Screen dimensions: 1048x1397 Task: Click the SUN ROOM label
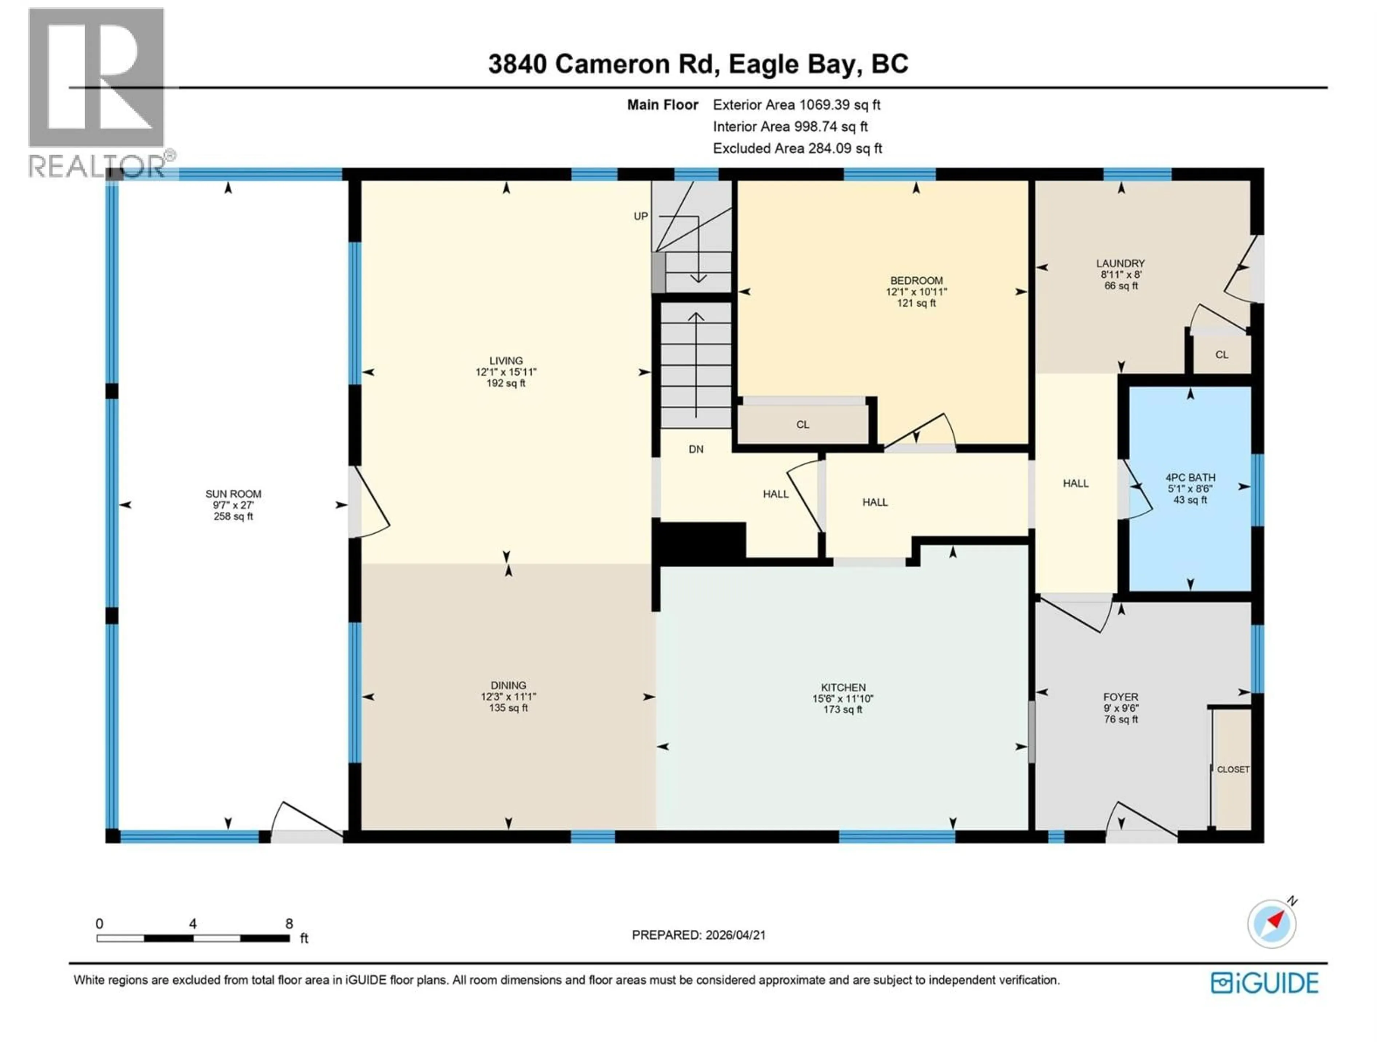click(x=233, y=494)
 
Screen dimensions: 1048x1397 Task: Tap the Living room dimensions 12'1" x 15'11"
click(x=506, y=372)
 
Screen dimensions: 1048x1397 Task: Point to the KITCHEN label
click(x=843, y=687)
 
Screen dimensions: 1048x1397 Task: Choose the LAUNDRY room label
click(x=1121, y=263)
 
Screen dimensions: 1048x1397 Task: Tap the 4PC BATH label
click(x=1190, y=477)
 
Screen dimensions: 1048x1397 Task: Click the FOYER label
click(x=1121, y=698)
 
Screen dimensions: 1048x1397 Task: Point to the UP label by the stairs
click(x=640, y=216)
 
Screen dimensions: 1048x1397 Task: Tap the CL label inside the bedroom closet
click(x=802, y=425)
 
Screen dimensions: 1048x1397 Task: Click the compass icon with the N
click(x=1272, y=924)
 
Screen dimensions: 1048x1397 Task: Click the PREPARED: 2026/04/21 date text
click(x=698, y=935)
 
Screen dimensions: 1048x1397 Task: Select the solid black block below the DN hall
click(x=701, y=540)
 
